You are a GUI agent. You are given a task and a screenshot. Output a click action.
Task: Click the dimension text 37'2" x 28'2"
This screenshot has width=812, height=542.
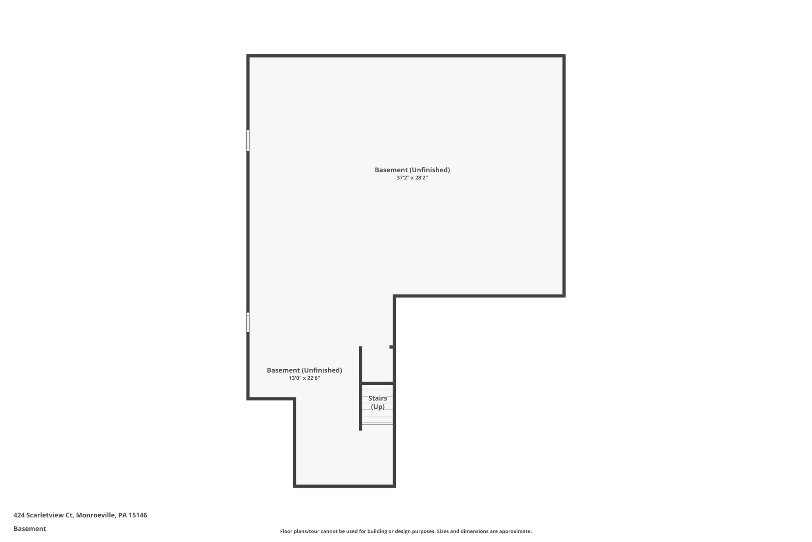(412, 178)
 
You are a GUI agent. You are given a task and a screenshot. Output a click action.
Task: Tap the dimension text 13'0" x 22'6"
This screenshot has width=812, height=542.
(304, 378)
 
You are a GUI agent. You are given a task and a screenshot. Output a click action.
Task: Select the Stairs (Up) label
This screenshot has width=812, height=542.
(377, 403)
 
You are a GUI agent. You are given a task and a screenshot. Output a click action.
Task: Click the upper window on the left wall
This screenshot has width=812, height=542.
(248, 140)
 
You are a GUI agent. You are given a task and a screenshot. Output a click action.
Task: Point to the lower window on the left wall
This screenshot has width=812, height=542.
(248, 322)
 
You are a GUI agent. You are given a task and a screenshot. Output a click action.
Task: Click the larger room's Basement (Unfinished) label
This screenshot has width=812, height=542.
(412, 170)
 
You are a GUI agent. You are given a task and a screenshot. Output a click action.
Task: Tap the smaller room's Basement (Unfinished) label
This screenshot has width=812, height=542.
(304, 370)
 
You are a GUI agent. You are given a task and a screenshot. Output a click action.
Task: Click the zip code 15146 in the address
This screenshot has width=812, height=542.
(138, 515)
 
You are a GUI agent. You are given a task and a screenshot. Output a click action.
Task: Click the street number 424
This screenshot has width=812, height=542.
(18, 515)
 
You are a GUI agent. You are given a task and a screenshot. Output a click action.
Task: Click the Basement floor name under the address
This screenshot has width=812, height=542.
(30, 529)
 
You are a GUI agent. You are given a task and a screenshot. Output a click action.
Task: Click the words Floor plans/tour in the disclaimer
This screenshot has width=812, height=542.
(299, 531)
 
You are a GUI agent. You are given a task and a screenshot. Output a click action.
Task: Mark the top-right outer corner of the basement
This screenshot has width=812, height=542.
(563, 56)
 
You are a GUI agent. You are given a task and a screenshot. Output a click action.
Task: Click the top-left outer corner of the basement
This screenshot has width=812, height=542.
(248, 56)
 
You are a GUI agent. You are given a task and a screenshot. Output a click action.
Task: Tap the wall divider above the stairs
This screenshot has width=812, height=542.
(377, 383)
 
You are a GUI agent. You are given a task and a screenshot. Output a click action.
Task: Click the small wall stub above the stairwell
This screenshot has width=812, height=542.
(392, 347)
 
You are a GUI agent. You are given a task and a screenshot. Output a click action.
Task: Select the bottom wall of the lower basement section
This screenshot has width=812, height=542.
(344, 486)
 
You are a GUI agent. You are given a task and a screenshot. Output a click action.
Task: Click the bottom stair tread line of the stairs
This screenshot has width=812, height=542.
(377, 424)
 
